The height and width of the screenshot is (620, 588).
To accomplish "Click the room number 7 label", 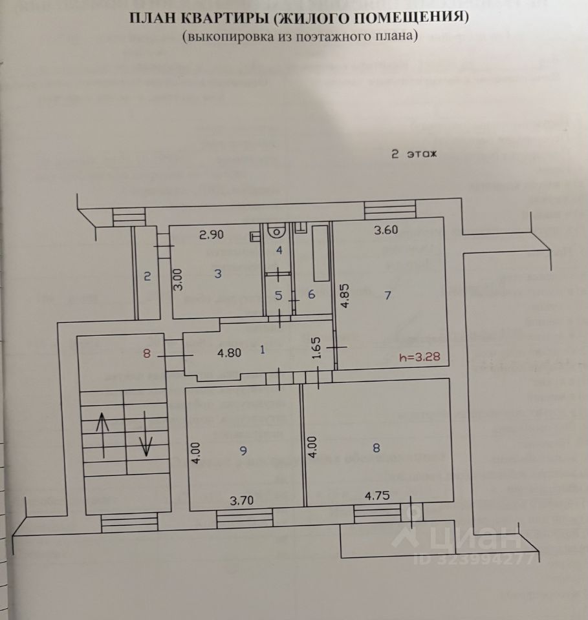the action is (x=387, y=296).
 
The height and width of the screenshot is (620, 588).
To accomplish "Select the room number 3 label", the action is (x=218, y=274).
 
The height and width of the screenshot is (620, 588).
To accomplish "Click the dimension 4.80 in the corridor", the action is (x=229, y=353).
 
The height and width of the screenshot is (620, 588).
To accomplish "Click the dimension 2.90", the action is (x=211, y=235).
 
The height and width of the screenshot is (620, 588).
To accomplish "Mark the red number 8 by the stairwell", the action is (x=147, y=353).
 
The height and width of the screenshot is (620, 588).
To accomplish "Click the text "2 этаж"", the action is (x=414, y=154).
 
